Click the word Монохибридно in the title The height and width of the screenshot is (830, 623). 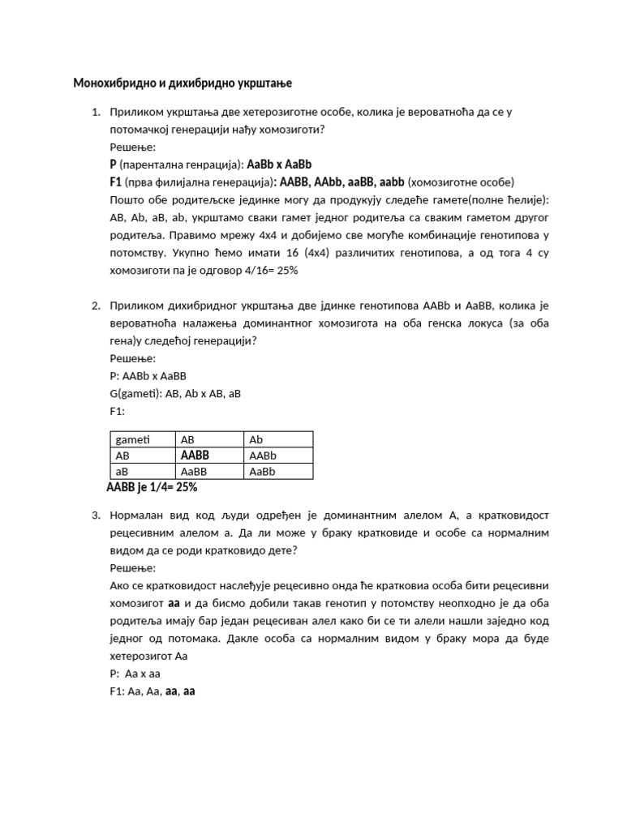[112, 83]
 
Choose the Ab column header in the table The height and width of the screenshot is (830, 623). [256, 439]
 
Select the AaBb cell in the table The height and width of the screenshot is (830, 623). [263, 471]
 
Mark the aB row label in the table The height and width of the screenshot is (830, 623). [122, 471]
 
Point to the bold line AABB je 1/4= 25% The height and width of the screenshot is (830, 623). [152, 487]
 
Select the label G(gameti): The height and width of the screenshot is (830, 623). [135, 394]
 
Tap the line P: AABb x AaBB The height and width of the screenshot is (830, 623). [148, 376]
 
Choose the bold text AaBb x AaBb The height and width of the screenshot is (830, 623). [279, 165]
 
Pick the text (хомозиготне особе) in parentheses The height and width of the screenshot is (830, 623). [461, 182]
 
